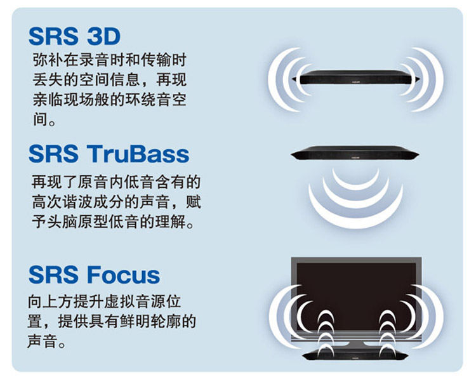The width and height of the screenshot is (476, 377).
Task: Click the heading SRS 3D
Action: tap(74, 36)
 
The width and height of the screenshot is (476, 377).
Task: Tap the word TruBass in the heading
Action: tap(138, 154)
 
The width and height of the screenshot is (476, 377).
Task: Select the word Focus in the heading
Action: tap(123, 275)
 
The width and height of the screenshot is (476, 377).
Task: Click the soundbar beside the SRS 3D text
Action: tap(355, 77)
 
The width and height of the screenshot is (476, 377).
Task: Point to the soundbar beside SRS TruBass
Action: tap(355, 153)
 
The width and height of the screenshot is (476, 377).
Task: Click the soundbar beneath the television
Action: tap(355, 354)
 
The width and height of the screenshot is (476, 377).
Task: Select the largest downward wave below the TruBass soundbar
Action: tap(355, 218)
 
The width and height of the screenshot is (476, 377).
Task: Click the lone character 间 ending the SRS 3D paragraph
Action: tap(41, 119)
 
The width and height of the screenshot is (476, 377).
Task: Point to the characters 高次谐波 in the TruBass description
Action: tap(63, 202)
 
